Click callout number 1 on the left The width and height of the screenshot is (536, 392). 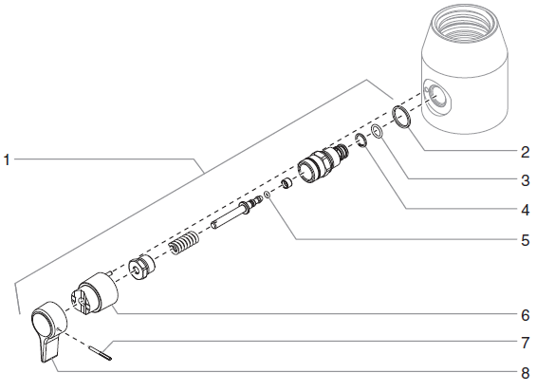7,160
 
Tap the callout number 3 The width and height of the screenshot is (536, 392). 524,179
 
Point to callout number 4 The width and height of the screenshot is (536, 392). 524,209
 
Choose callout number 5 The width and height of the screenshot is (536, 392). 524,240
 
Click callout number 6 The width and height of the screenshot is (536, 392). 524,312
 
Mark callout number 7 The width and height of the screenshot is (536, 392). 524,341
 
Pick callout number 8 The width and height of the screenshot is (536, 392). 524,372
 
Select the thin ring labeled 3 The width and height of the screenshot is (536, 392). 377,132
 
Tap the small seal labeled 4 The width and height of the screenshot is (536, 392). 361,141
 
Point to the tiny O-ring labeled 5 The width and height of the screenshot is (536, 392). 268,196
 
